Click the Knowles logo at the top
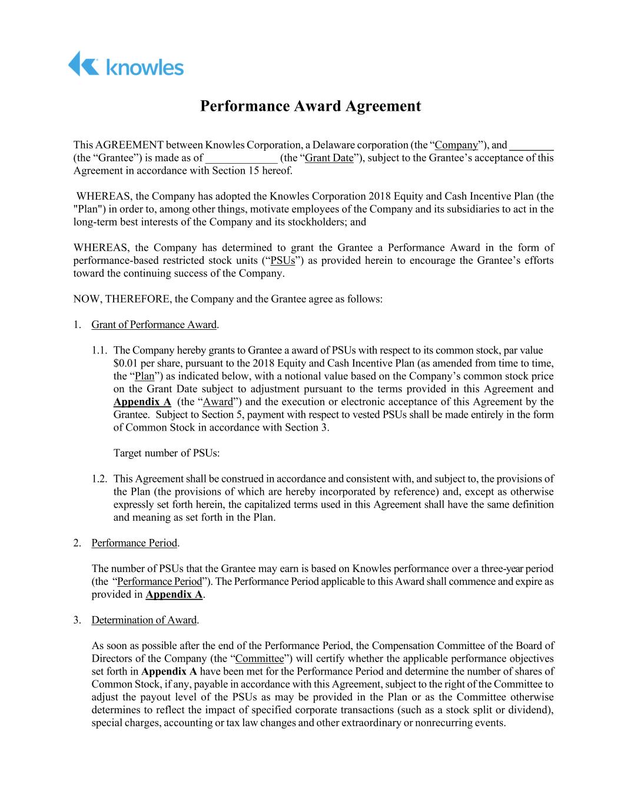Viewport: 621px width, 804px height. (x=125, y=64)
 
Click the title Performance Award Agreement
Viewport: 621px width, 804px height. (x=310, y=106)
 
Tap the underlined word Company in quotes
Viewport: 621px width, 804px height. (x=456, y=145)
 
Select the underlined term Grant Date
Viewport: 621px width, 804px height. (x=329, y=158)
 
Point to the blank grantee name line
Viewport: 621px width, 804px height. (x=532, y=145)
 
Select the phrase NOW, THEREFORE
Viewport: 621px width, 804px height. (x=122, y=299)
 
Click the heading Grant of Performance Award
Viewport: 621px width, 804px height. (x=154, y=325)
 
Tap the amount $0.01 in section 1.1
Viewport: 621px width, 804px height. (x=125, y=363)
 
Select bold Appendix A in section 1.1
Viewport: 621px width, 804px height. (x=142, y=402)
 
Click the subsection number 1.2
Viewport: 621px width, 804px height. (x=99, y=479)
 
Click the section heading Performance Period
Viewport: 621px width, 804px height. (x=134, y=543)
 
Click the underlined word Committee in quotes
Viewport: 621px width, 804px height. (x=260, y=659)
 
